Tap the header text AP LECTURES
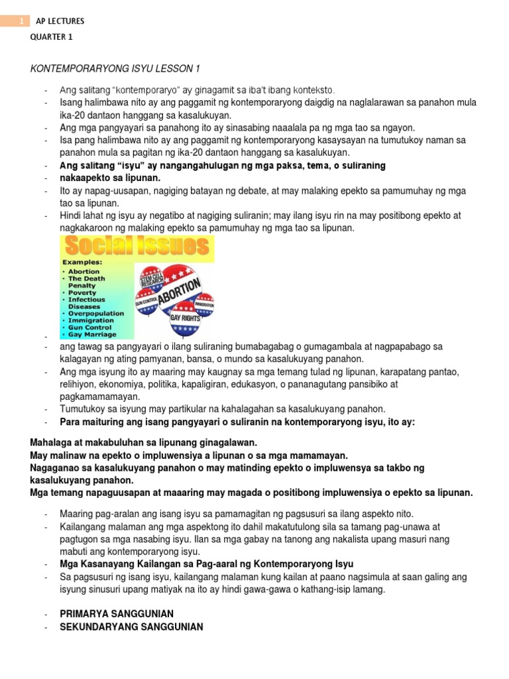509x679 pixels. [60, 21]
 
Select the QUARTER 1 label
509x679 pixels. [52, 37]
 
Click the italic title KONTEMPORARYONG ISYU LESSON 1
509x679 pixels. [115, 69]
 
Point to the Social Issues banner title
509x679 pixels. [137, 247]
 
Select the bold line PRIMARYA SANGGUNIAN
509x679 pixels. [117, 614]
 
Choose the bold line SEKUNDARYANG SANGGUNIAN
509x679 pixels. [131, 627]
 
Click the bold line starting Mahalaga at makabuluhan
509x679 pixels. [143, 442]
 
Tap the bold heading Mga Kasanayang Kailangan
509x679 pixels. [207, 564]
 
